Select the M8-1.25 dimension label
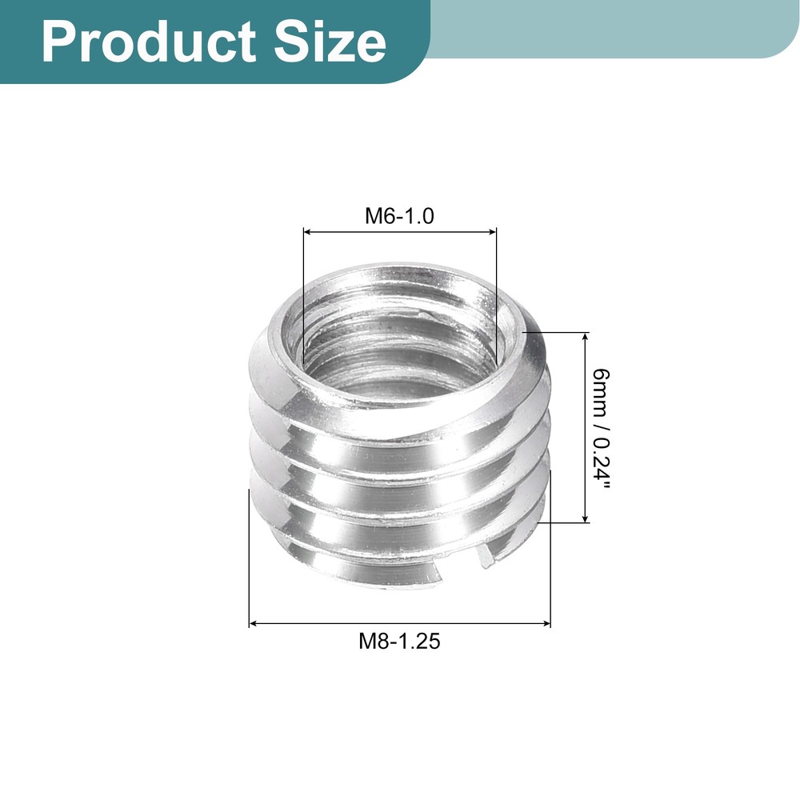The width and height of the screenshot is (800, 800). (x=400, y=641)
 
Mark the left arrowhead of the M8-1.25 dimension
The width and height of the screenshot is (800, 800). (x=254, y=622)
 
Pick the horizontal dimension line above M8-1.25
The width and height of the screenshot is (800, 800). (x=400, y=622)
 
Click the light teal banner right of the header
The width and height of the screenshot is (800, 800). (x=616, y=28)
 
